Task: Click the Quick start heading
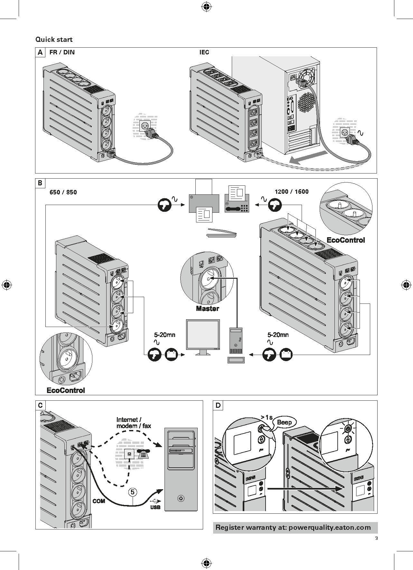tap(54, 40)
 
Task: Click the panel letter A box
tap(40, 52)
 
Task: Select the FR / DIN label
tap(62, 52)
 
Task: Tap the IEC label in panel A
tap(204, 52)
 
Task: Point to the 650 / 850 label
tap(63, 192)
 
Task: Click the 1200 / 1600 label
tap(292, 192)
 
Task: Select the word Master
tap(208, 309)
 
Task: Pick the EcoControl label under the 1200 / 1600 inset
tap(346, 240)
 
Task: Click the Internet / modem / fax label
tap(134, 423)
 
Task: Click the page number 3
tap(376, 538)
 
